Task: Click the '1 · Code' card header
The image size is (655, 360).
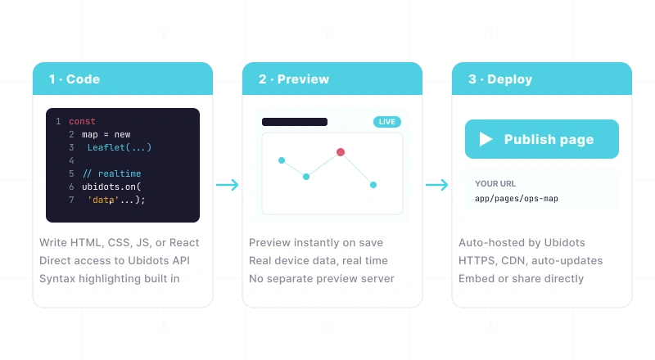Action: pyautogui.click(x=123, y=79)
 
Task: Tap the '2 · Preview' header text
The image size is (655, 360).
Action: pyautogui.click(x=294, y=79)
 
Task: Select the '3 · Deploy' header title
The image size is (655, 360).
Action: pyautogui.click(x=500, y=79)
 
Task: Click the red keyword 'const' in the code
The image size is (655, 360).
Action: pyautogui.click(x=83, y=122)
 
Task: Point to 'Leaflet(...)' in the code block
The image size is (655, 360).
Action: pyautogui.click(x=120, y=147)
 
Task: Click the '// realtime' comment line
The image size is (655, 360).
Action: pyautogui.click(x=112, y=173)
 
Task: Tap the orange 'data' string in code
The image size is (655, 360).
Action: pyautogui.click(x=103, y=200)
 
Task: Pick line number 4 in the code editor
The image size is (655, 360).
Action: pyautogui.click(x=71, y=161)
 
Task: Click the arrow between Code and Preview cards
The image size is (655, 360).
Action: pyautogui.click(x=228, y=185)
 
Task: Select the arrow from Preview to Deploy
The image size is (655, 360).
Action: pyautogui.click(x=437, y=185)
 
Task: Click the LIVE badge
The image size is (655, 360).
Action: pyautogui.click(x=387, y=122)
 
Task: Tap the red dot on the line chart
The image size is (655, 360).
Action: pyautogui.click(x=341, y=152)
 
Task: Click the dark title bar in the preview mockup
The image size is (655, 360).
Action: pyautogui.click(x=295, y=122)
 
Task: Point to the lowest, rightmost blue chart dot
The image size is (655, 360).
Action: pyautogui.click(x=373, y=185)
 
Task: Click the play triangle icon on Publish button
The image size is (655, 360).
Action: pyautogui.click(x=486, y=139)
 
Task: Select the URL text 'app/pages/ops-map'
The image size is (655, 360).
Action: pyautogui.click(x=517, y=199)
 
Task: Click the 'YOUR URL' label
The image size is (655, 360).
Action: pyautogui.click(x=495, y=184)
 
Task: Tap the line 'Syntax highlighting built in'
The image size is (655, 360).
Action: pyautogui.click(x=110, y=278)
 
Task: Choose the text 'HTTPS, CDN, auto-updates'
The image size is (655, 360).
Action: pyautogui.click(x=531, y=261)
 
